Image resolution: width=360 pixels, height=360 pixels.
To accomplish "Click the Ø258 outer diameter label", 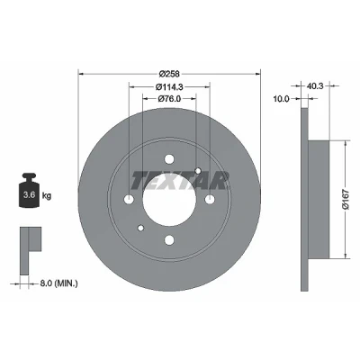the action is [x=169, y=74].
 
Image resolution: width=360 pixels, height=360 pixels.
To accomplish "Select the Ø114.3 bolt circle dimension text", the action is [x=169, y=86].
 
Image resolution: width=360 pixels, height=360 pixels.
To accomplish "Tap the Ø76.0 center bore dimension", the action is [x=169, y=98].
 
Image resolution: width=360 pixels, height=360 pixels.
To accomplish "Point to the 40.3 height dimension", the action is [x=315, y=86].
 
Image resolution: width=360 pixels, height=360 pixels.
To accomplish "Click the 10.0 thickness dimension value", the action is [x=281, y=98].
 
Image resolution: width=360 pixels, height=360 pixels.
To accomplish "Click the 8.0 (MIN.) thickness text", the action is [x=58, y=283].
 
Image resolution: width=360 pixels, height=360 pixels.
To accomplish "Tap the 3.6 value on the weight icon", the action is [x=30, y=195].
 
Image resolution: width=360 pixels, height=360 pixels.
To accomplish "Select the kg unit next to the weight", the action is [x=47, y=196].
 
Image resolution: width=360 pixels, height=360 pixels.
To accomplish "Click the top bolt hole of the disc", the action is [x=169, y=159].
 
